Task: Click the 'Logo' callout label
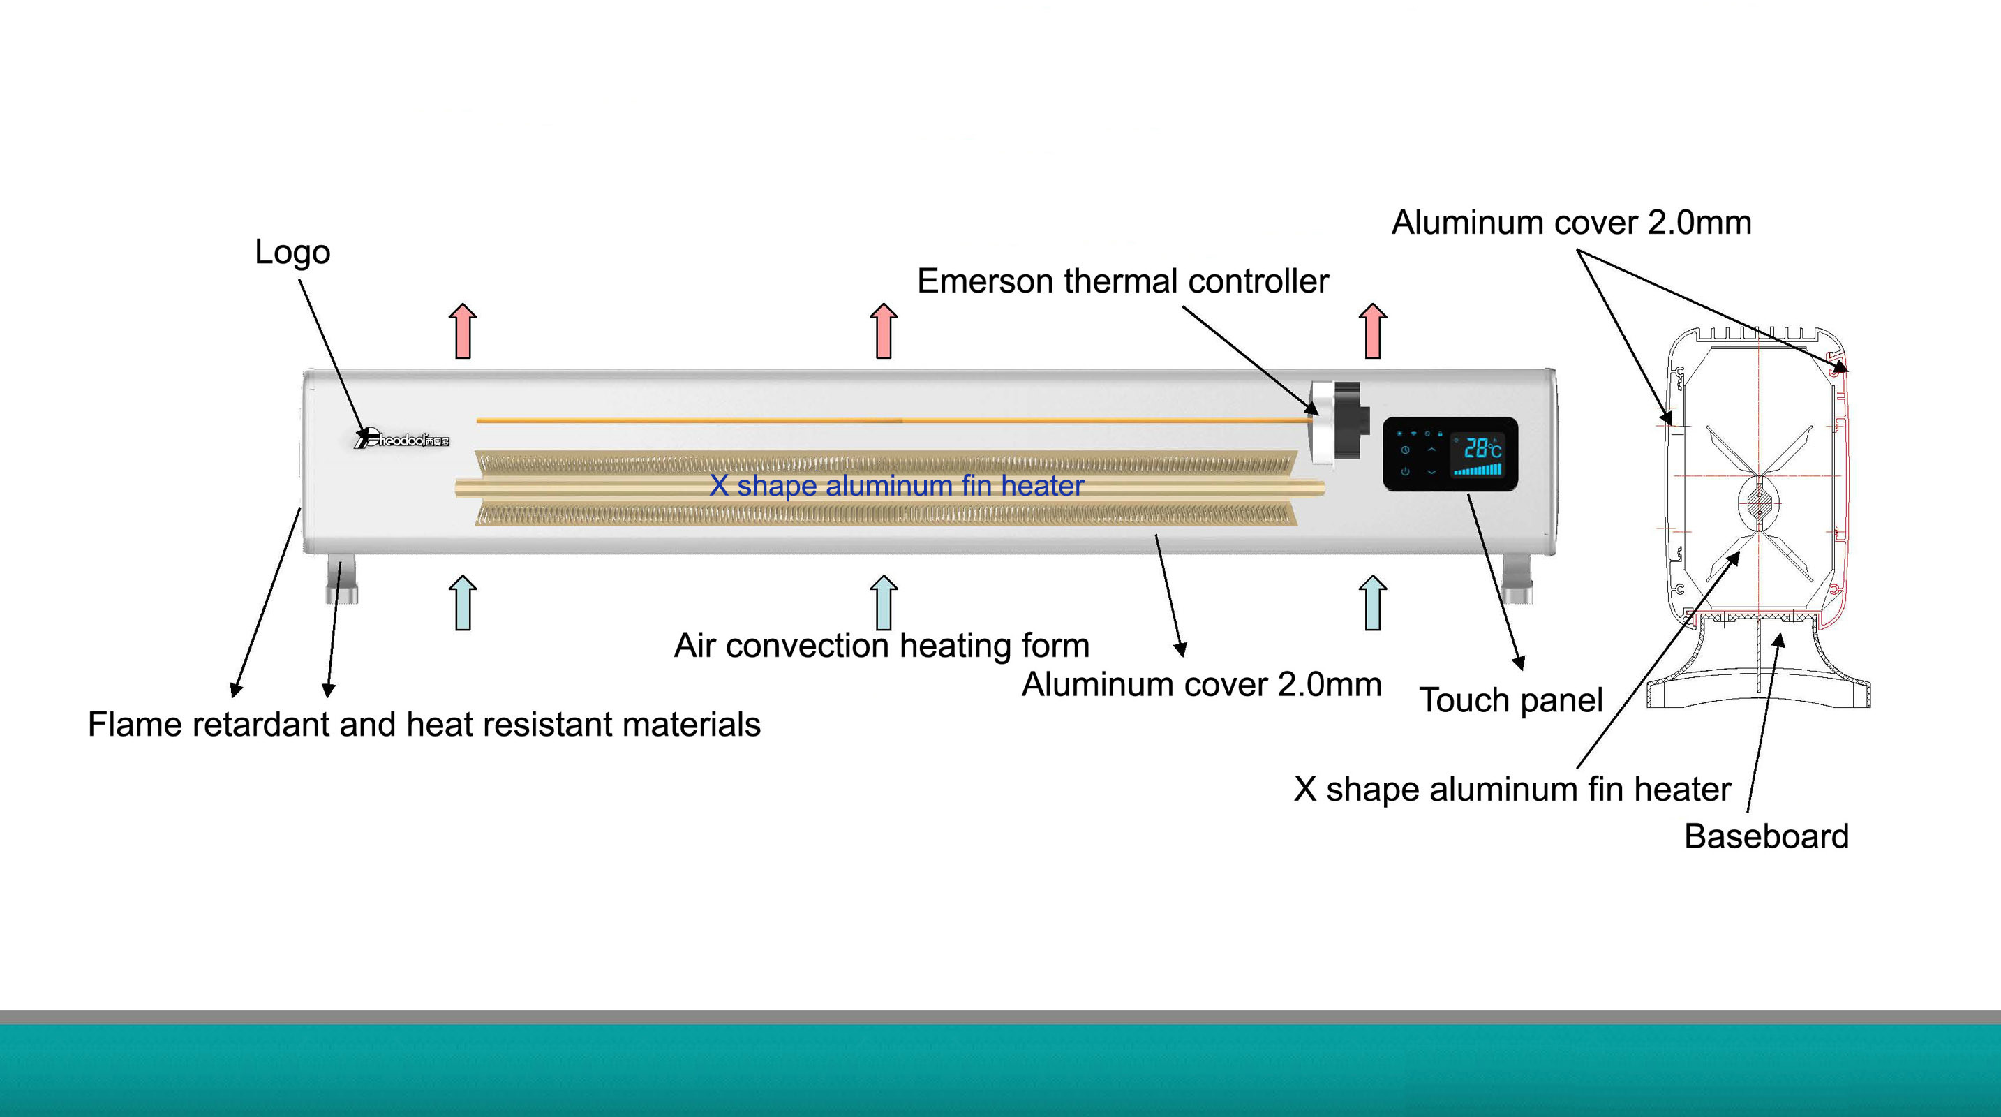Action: click(x=292, y=253)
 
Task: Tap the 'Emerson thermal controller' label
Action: click(x=1122, y=281)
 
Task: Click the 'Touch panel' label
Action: click(x=1511, y=701)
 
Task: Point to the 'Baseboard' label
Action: click(x=1766, y=836)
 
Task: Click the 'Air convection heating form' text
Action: click(x=882, y=646)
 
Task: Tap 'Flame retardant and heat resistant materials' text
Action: click(x=424, y=725)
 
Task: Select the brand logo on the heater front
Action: click(x=401, y=440)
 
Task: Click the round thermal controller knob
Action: click(x=1338, y=423)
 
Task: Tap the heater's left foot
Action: click(x=342, y=579)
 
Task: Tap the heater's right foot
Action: click(x=1517, y=579)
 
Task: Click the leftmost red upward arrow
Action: click(x=463, y=331)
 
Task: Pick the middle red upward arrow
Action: click(x=883, y=331)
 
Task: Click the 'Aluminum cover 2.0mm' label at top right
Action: click(x=1570, y=223)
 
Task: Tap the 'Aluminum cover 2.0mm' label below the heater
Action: click(x=1201, y=685)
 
